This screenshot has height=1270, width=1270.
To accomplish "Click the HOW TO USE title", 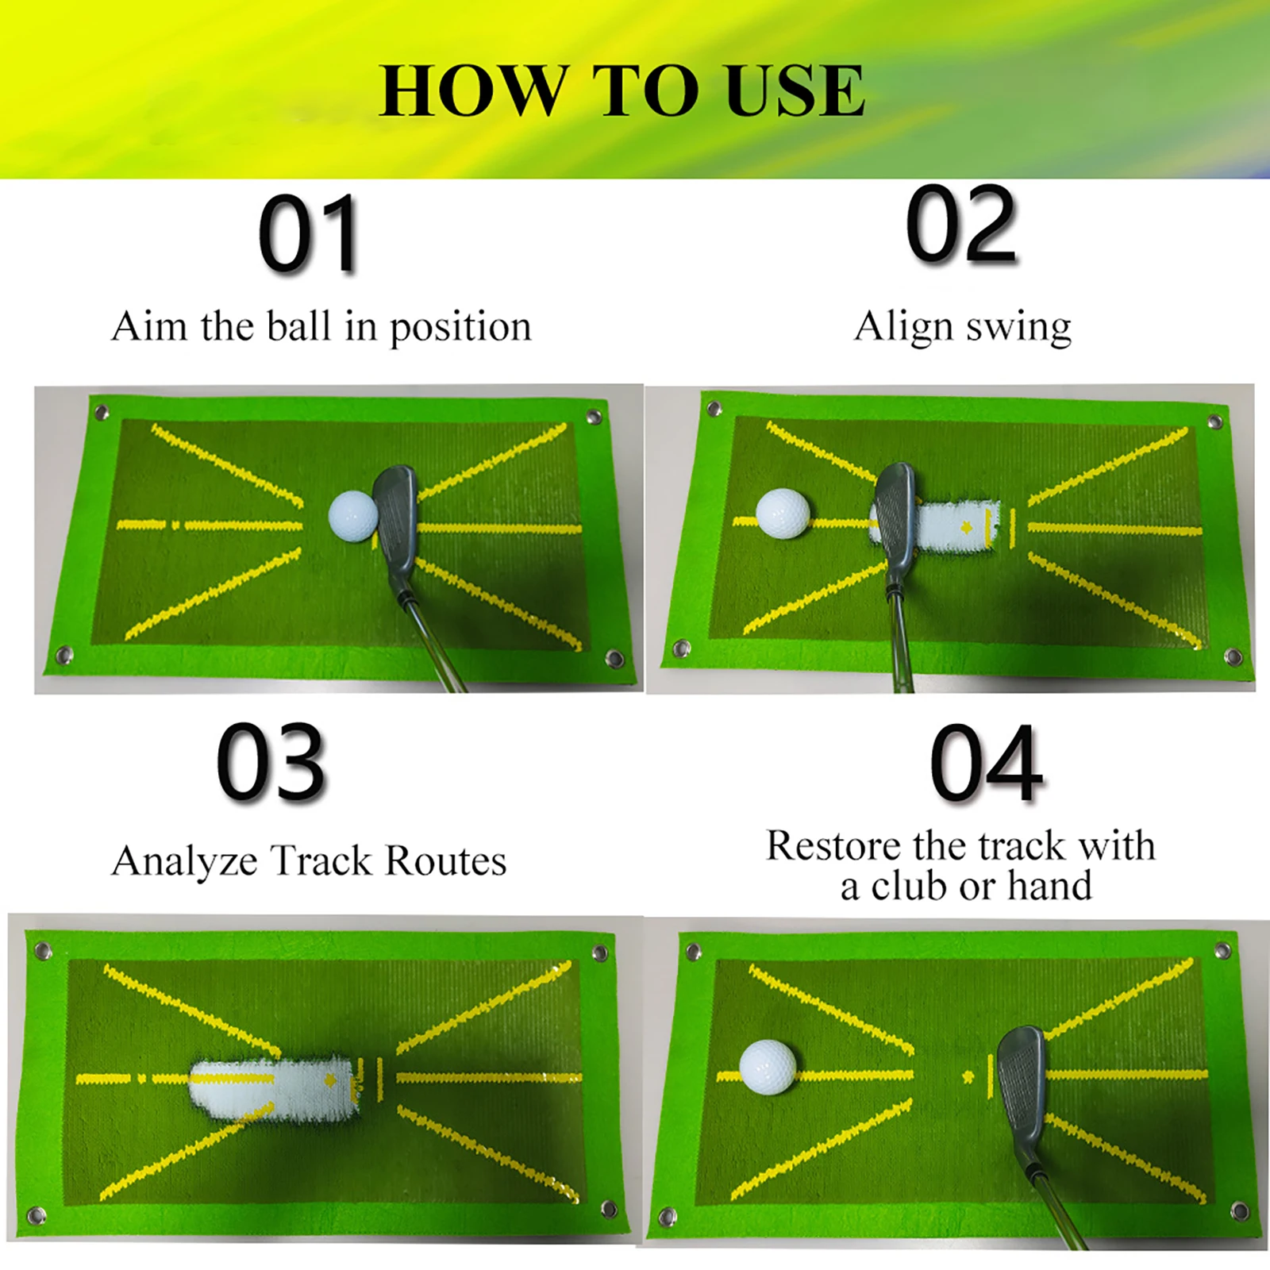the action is coord(622,90).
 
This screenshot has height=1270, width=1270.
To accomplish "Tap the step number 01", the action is coord(310,234).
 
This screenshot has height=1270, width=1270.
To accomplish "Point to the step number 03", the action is coord(271,761).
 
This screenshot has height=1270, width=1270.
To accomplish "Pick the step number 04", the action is coord(986,763).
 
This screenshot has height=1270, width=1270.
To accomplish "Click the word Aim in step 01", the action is coord(150,325).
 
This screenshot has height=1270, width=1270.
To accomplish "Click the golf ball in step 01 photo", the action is coord(353,516).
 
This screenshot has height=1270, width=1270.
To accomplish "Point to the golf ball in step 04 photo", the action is coord(768,1068).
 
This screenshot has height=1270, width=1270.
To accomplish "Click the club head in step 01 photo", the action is coord(395,524).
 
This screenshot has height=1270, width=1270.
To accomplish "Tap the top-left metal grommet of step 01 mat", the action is coord(101,412).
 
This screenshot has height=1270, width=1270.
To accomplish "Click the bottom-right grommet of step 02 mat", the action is coord(1233,656).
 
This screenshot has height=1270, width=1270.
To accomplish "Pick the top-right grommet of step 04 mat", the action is coord(1223,950).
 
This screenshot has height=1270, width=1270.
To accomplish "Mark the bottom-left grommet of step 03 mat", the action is coord(36,1216).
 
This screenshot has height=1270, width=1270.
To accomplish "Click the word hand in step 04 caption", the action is coord(1050,886).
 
